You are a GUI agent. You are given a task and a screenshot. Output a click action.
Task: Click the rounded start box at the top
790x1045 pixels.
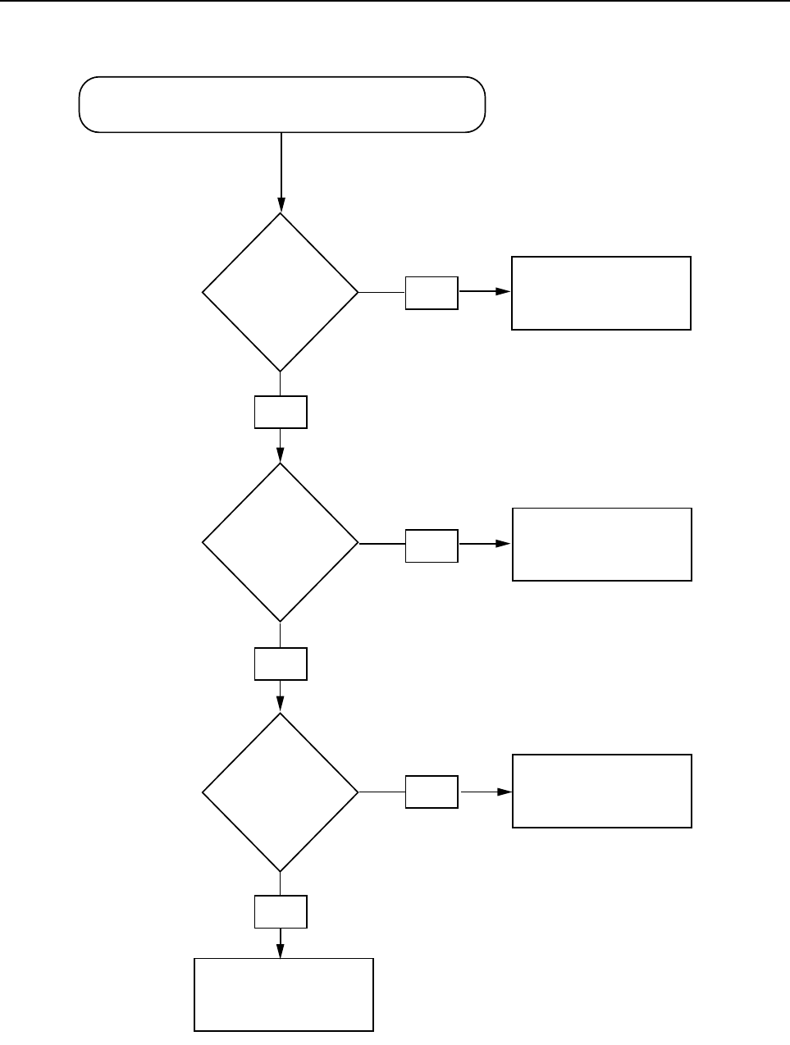point(281,104)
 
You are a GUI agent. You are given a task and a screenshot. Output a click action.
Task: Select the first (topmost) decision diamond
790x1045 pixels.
point(281,292)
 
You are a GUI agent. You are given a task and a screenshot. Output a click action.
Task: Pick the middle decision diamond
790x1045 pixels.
point(281,542)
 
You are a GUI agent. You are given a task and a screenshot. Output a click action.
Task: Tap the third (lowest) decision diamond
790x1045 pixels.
point(281,792)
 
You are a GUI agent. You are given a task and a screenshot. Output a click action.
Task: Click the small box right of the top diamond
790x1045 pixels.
point(432,293)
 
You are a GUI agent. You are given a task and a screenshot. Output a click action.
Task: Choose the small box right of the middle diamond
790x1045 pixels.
point(432,545)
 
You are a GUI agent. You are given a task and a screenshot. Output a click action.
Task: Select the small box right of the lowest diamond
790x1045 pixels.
point(432,792)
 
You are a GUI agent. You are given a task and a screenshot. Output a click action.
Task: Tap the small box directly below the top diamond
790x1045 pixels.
point(281,412)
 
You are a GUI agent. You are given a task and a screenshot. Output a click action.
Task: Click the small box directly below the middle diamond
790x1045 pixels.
point(281,664)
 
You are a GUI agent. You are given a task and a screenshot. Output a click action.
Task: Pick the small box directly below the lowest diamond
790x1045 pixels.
point(281,911)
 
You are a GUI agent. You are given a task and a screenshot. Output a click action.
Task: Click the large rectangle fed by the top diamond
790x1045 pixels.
point(601,293)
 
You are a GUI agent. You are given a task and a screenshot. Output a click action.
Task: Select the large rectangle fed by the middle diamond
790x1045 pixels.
point(602,545)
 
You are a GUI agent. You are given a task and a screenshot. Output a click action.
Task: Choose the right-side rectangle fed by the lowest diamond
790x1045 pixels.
point(602,791)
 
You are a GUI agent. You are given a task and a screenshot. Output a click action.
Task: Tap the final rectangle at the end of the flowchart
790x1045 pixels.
point(284,994)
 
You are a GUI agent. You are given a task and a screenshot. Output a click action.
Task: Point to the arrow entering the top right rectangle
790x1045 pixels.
point(486,291)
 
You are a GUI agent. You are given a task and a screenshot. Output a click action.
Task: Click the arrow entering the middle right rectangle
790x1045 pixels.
point(486,544)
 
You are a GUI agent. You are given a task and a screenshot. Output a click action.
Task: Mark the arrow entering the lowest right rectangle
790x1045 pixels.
point(486,792)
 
